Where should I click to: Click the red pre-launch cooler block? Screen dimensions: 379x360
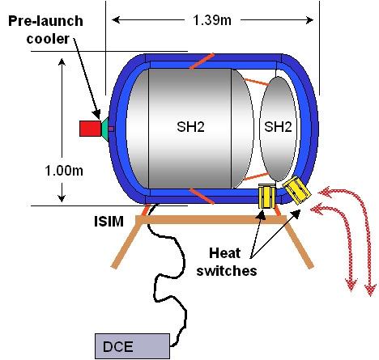pos(90,129)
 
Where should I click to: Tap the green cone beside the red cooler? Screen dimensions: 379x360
pos(105,129)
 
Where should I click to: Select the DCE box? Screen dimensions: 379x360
pos(132,346)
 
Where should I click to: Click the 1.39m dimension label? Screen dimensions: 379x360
pos(212,20)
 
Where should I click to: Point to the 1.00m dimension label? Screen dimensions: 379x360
pos(64,171)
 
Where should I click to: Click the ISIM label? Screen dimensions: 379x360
pos(109,222)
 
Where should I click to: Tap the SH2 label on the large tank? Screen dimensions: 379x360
pos(190,127)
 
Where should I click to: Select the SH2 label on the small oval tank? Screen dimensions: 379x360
pos(278,127)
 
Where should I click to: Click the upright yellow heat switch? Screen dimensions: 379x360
pos(266,196)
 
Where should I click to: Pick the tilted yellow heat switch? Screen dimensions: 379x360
pos(296,190)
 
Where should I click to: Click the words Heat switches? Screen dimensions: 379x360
pos(226,261)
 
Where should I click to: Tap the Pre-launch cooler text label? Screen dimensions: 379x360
pos(46,30)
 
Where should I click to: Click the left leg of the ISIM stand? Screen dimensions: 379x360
pos(126,243)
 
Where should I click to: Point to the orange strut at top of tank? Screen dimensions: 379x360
pos(202,61)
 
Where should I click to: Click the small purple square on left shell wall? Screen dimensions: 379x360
pos(111,129)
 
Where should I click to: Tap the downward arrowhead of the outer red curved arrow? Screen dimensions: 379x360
pos(371,290)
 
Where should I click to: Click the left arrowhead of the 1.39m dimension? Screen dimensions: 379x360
pos(116,19)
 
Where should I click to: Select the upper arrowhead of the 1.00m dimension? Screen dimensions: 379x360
pos(62,62)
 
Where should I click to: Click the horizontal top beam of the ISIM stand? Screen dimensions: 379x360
pos(211,220)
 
